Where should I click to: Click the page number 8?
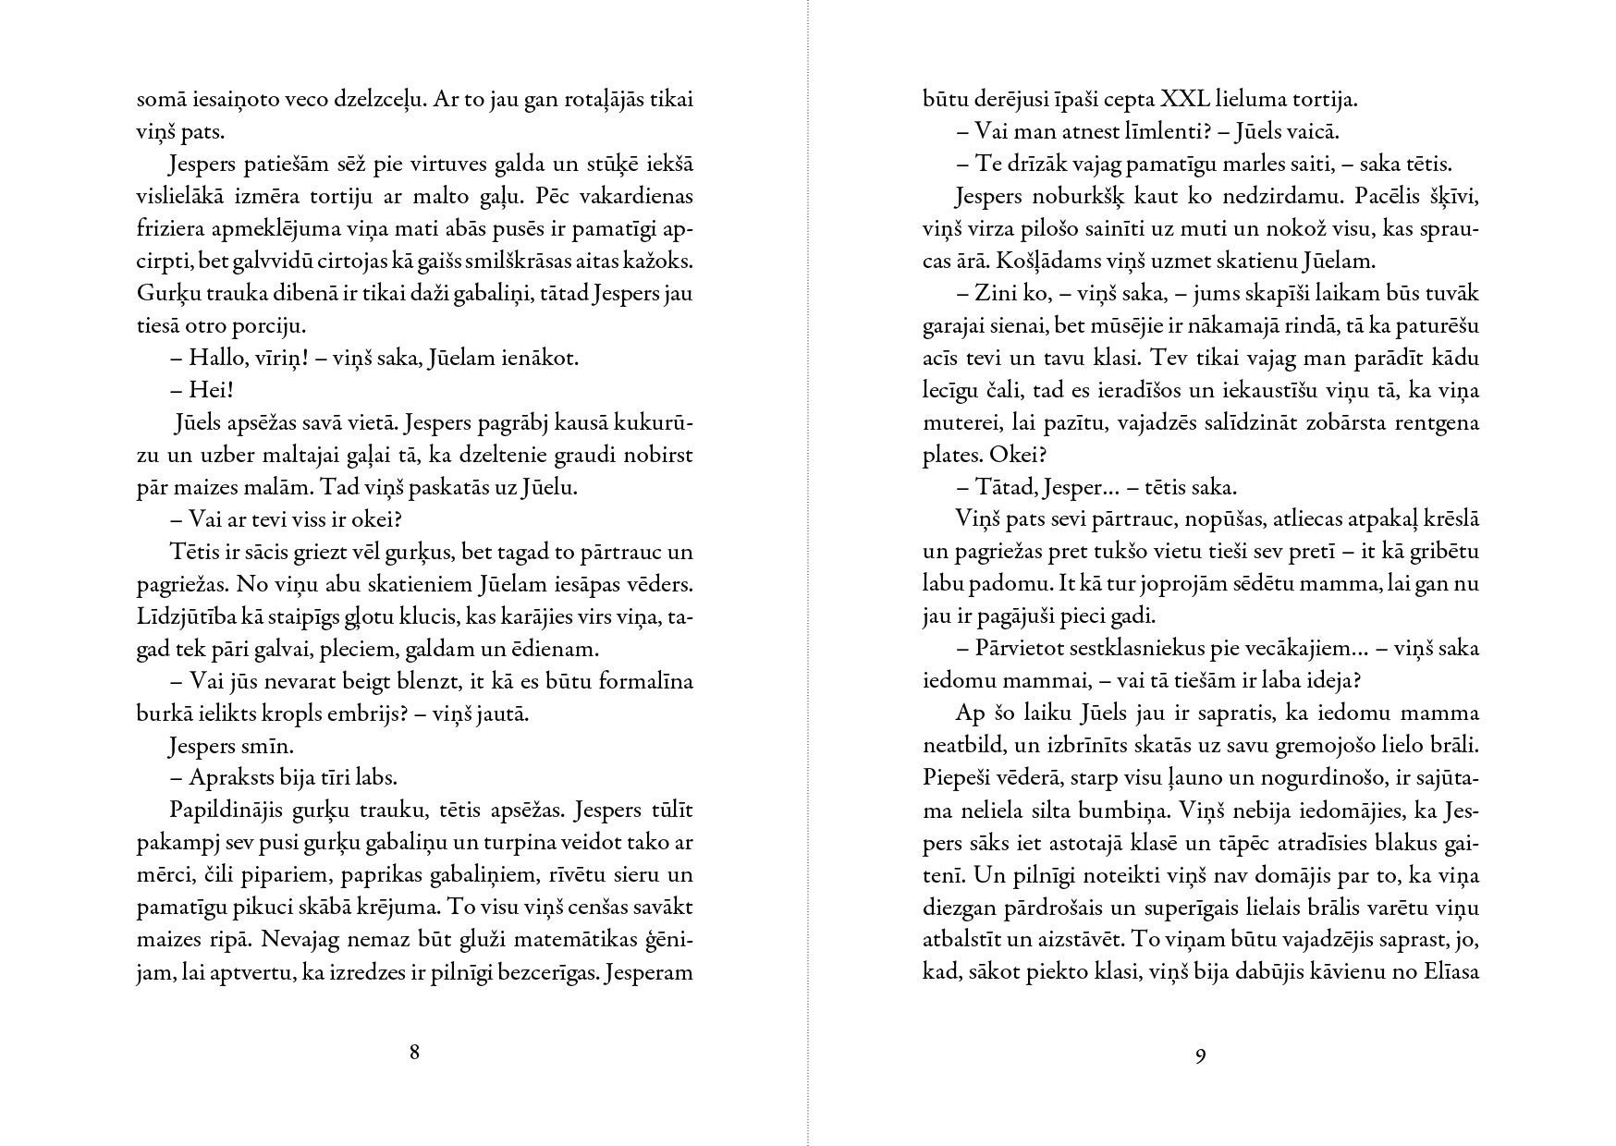point(414,1052)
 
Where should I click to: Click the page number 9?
point(1200,1055)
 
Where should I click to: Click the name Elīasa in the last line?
point(1449,972)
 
